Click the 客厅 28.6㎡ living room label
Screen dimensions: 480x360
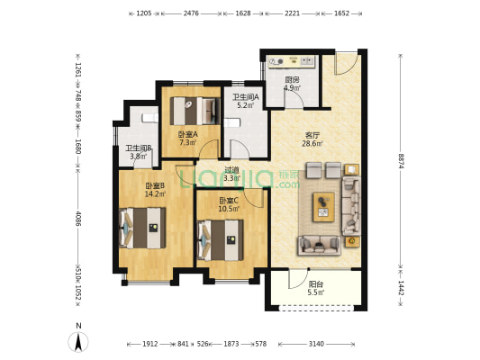pos(312,139)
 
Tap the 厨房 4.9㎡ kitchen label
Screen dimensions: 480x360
pos(292,84)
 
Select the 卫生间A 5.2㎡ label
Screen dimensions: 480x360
pos(246,101)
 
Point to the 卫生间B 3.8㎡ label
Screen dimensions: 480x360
pos(139,152)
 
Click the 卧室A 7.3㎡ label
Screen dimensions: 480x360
pos(188,139)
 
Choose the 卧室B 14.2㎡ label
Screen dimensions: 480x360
pos(155,190)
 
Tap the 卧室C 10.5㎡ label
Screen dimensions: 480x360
pos(229,204)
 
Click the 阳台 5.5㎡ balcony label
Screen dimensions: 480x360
pos(316,288)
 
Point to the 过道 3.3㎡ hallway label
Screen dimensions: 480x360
pos(231,174)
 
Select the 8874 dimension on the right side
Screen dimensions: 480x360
pos(401,161)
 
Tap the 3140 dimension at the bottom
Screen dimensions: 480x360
pos(316,344)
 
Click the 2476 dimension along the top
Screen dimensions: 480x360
pos(191,13)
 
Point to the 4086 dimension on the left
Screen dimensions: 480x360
pos(78,219)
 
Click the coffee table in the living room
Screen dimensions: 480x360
pos(323,207)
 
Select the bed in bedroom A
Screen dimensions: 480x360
pos(195,111)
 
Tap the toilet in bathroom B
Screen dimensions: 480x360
pos(150,118)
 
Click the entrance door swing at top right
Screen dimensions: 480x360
pos(346,64)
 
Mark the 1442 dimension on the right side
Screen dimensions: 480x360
pos(401,288)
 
